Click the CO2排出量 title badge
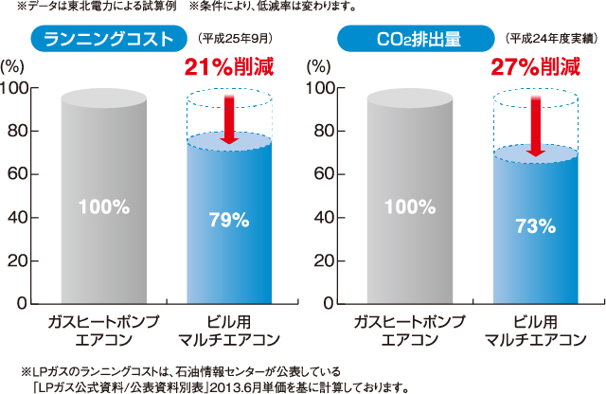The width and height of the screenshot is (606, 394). coord(416,40)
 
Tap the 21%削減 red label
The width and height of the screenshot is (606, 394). coord(228,67)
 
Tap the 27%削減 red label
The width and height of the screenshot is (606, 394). coord(535,67)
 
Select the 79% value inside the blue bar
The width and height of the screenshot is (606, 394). coord(228,220)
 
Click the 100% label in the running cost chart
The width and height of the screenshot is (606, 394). coord(104,206)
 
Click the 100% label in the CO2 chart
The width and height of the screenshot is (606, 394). coord(409,206)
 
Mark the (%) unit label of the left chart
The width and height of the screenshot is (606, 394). coord(13,67)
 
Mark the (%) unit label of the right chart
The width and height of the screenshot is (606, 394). coord(319,67)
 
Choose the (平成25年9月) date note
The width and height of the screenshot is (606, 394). coord(233,40)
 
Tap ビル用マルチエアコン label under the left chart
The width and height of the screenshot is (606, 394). coord(228,328)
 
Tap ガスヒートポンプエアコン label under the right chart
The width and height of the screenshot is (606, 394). coord(409,328)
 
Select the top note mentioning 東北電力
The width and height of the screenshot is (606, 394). coord(180,8)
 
